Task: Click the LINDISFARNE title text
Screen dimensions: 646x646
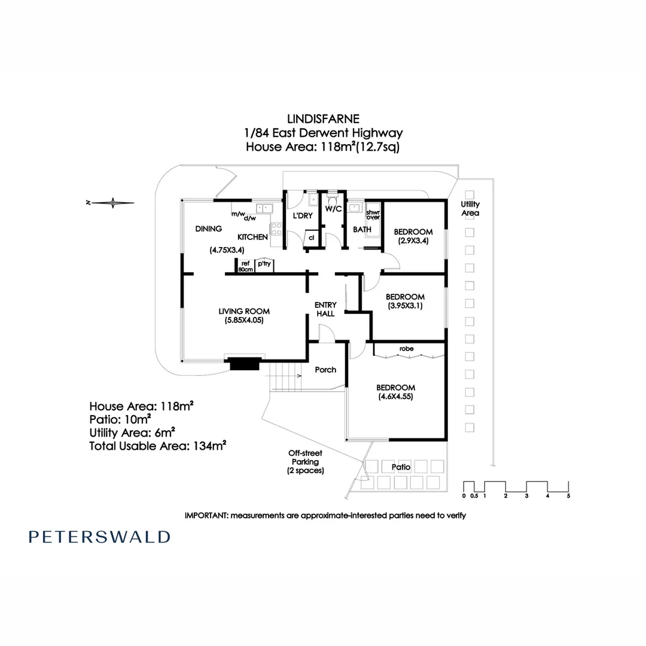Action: pyautogui.click(x=324, y=119)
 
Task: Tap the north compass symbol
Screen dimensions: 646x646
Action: pyautogui.click(x=113, y=203)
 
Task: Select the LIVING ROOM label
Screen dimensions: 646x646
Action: pyautogui.click(x=244, y=311)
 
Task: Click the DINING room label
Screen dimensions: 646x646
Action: pyautogui.click(x=208, y=228)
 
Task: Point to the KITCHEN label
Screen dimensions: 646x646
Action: pyautogui.click(x=252, y=237)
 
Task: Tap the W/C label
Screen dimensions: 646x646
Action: pyautogui.click(x=333, y=209)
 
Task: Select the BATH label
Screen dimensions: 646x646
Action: pyautogui.click(x=362, y=229)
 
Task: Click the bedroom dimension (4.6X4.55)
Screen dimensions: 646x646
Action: pyautogui.click(x=395, y=396)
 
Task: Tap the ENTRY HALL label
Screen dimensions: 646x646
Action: pyautogui.click(x=325, y=309)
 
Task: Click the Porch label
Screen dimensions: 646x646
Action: pyautogui.click(x=325, y=370)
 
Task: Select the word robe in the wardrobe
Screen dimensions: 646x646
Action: pyautogui.click(x=407, y=348)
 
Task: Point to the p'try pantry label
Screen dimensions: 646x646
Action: pyautogui.click(x=263, y=263)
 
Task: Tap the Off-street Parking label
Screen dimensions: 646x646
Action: pyautogui.click(x=305, y=462)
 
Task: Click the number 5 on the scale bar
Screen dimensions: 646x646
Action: pyautogui.click(x=568, y=496)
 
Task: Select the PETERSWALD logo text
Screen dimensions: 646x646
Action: pyautogui.click(x=99, y=537)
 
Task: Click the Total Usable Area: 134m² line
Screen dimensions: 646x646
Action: pyautogui.click(x=157, y=446)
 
